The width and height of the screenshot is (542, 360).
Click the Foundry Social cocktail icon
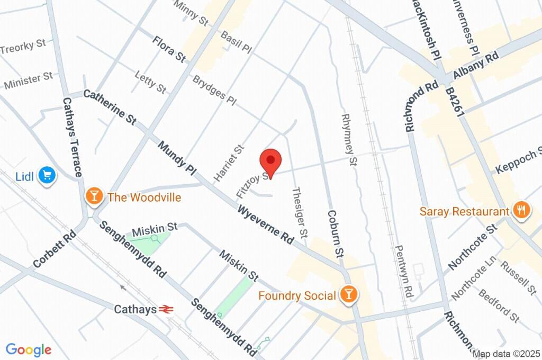click(348, 294)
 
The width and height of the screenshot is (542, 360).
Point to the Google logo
click(29, 350)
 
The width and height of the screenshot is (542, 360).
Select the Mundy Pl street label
click(177, 158)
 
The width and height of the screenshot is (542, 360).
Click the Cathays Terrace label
click(73, 137)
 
